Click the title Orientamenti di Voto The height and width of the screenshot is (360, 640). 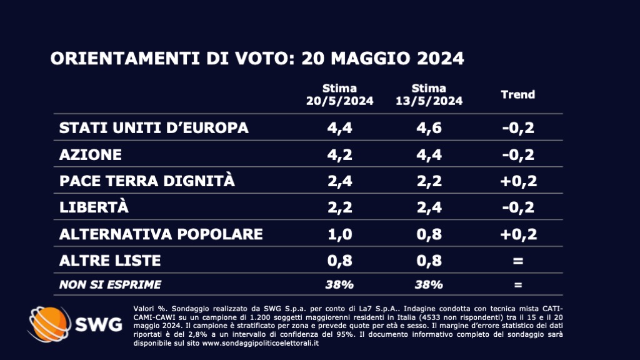click(x=257, y=59)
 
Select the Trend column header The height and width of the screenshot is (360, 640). click(x=518, y=94)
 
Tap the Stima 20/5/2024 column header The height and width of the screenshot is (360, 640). click(x=339, y=94)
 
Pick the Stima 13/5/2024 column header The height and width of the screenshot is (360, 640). click(x=429, y=94)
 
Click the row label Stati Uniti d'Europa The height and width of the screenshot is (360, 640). click(x=154, y=127)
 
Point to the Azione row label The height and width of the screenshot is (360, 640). click(x=91, y=154)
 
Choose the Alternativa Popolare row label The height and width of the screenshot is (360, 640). click(x=161, y=234)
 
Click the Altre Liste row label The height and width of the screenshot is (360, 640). click(x=110, y=260)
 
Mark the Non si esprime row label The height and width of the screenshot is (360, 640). click(x=110, y=285)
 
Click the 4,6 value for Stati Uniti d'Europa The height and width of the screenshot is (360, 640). click(x=429, y=127)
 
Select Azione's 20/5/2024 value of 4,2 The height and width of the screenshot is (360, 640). click(x=339, y=154)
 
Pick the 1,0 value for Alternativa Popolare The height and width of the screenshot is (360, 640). click(x=339, y=234)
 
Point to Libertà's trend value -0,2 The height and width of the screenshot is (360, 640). click(x=518, y=207)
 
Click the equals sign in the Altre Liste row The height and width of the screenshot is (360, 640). click(x=518, y=260)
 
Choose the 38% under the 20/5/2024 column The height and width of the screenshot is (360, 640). click(x=339, y=285)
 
